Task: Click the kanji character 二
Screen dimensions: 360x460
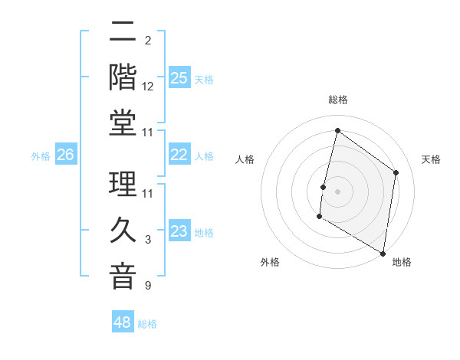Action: tap(123, 32)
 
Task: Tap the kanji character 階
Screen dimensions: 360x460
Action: tap(123, 78)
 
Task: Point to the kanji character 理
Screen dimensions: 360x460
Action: tap(123, 185)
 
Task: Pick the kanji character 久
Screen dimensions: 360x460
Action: tap(123, 231)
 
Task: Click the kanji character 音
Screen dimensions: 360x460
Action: tap(123, 277)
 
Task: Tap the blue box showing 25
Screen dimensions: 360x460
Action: tap(179, 78)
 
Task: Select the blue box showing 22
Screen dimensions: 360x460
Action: tap(179, 155)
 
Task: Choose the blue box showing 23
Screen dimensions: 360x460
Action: tap(179, 231)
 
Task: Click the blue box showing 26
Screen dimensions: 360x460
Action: tap(66, 155)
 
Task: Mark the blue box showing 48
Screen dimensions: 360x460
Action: tap(123, 322)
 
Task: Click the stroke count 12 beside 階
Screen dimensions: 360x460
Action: tap(148, 87)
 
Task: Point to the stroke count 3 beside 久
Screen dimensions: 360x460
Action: tap(148, 241)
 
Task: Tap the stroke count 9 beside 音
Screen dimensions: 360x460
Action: tap(148, 286)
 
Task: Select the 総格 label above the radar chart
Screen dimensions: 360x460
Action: tap(337, 100)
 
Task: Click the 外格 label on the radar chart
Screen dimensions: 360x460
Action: tap(270, 262)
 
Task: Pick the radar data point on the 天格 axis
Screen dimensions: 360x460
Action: tap(396, 172)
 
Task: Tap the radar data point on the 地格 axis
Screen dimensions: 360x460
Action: tap(383, 253)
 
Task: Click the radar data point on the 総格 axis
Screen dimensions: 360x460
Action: tap(337, 130)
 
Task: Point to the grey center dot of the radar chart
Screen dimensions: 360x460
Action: tap(337, 191)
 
